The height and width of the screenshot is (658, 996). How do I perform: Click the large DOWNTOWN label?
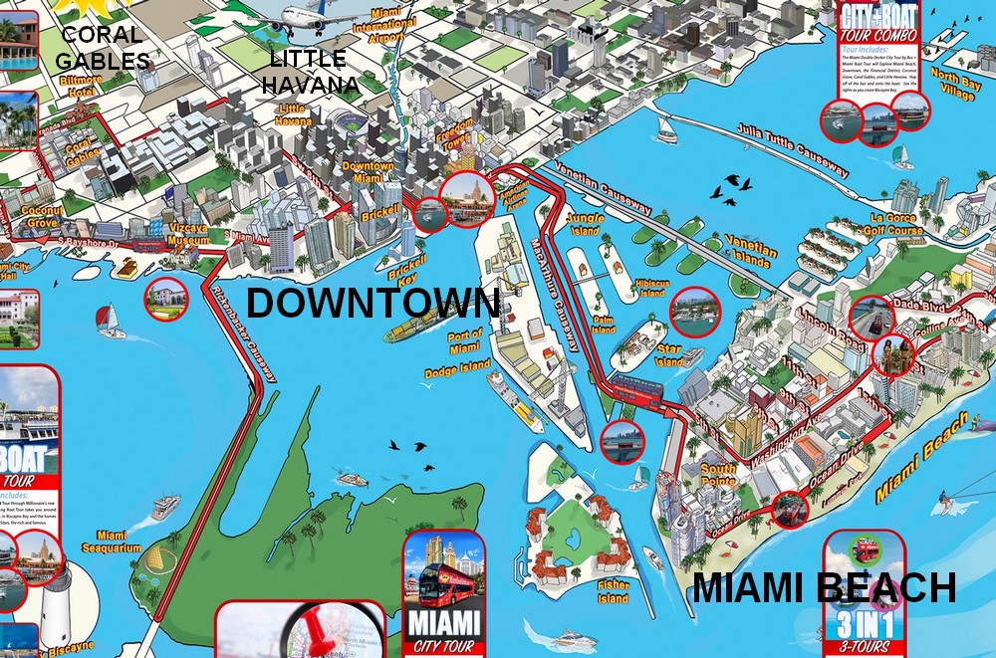click(373, 304)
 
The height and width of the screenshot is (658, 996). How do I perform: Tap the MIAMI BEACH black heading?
click(824, 588)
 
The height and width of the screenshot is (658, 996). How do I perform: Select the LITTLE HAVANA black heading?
click(310, 72)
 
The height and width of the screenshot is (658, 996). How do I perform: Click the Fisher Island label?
click(613, 592)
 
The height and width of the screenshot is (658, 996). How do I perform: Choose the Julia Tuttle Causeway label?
click(793, 151)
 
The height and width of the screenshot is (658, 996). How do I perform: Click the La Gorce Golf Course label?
click(896, 225)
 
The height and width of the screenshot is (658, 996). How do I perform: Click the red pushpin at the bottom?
click(311, 627)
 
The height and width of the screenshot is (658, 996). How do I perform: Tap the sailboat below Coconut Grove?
click(110, 321)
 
